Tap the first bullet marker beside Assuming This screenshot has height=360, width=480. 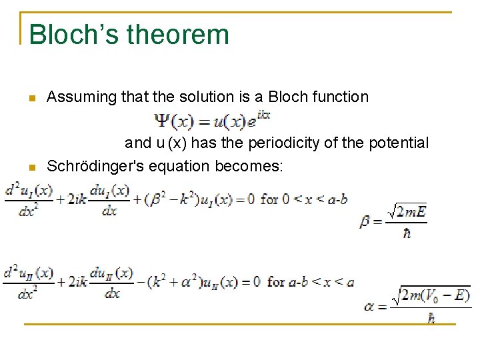[31, 99]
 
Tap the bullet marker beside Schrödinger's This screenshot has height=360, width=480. [31, 166]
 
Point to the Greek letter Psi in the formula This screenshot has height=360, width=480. [162, 122]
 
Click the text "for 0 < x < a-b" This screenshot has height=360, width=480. [303, 199]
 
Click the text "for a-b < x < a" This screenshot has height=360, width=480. [311, 281]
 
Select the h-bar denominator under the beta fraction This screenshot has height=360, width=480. [407, 233]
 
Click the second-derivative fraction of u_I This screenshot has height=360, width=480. [28, 199]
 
